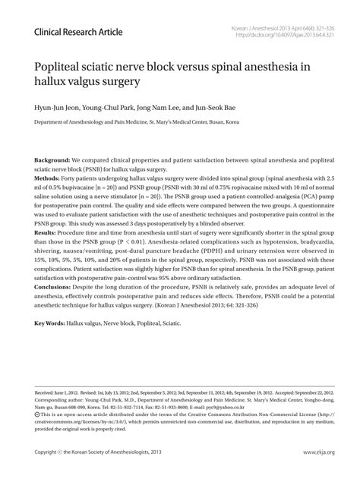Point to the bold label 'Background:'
coord(52,162)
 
